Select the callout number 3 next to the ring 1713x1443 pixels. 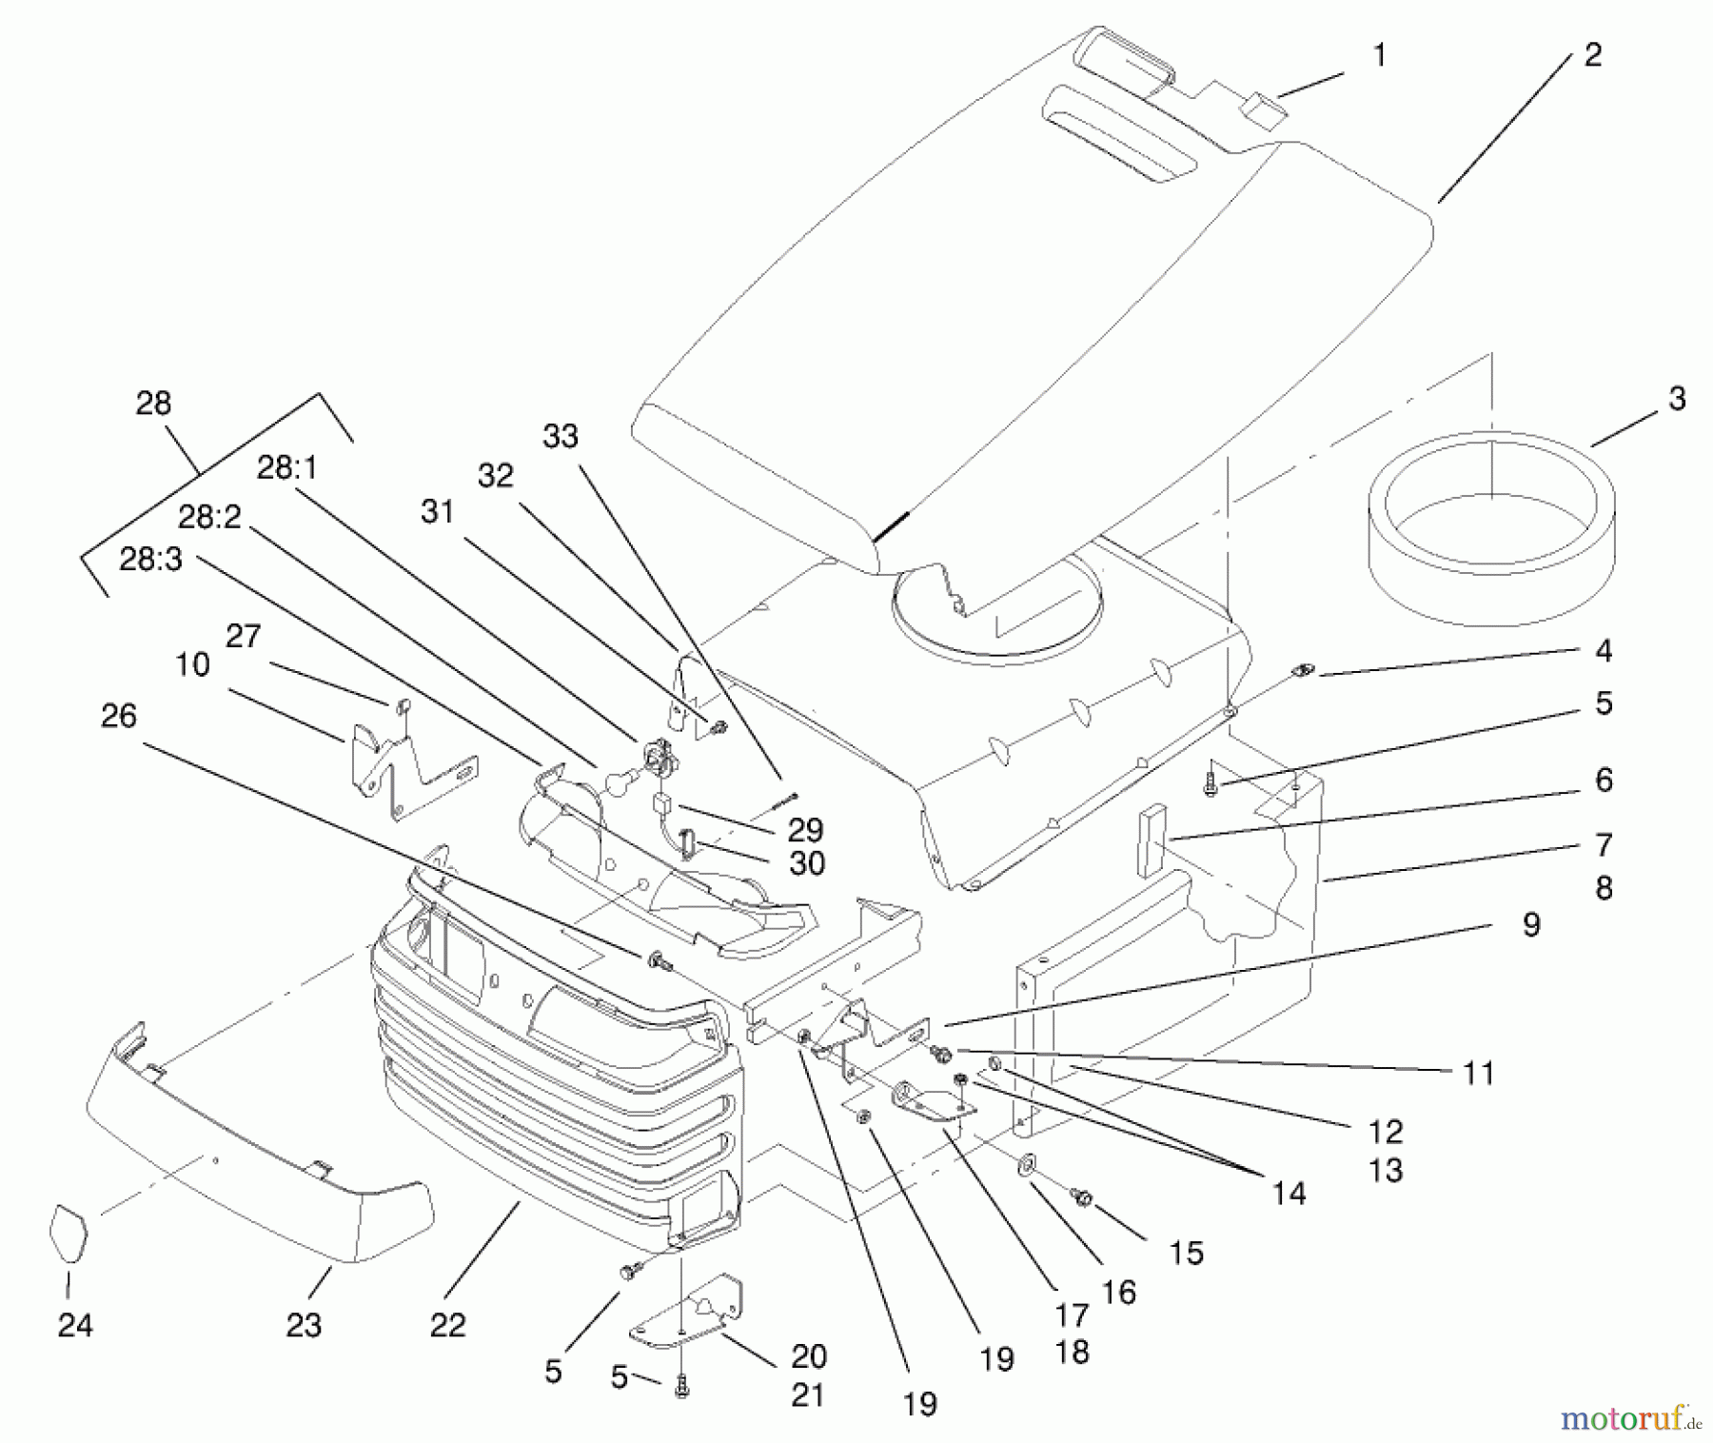1676,398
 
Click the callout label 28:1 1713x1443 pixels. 286,467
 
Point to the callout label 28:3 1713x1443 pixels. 149,559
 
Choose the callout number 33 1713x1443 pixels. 561,436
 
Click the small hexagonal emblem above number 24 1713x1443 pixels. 68,1234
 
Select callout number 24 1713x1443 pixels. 75,1325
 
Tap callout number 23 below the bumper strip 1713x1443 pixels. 304,1325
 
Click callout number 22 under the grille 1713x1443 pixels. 447,1325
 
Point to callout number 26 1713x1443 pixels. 119,716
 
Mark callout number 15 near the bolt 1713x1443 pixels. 1186,1253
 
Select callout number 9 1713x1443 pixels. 1530,924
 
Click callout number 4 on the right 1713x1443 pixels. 1604,651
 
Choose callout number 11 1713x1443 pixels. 1478,1073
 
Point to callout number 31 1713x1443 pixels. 438,511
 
